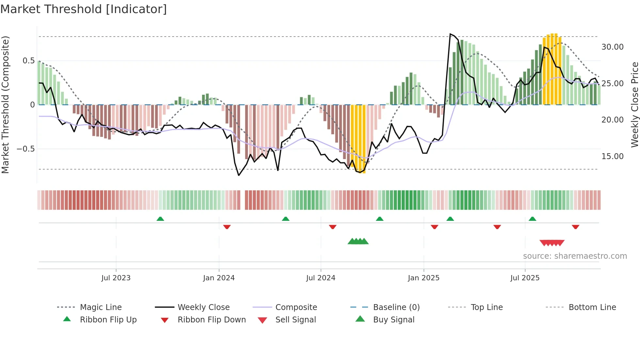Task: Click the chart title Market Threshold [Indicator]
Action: (84, 9)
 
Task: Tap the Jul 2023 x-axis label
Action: (116, 278)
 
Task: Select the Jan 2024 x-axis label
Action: (219, 278)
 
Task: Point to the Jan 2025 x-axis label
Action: (424, 278)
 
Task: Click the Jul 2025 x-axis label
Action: (525, 278)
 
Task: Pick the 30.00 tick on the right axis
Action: (612, 47)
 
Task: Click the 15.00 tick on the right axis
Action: (612, 156)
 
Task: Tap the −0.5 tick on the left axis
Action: (25, 149)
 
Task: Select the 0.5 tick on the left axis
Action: (28, 61)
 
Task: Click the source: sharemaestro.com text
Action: (575, 256)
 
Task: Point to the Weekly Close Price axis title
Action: (634, 105)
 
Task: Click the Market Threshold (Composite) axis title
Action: (5, 105)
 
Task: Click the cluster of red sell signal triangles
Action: (552, 243)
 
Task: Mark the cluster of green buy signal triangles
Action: (358, 241)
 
